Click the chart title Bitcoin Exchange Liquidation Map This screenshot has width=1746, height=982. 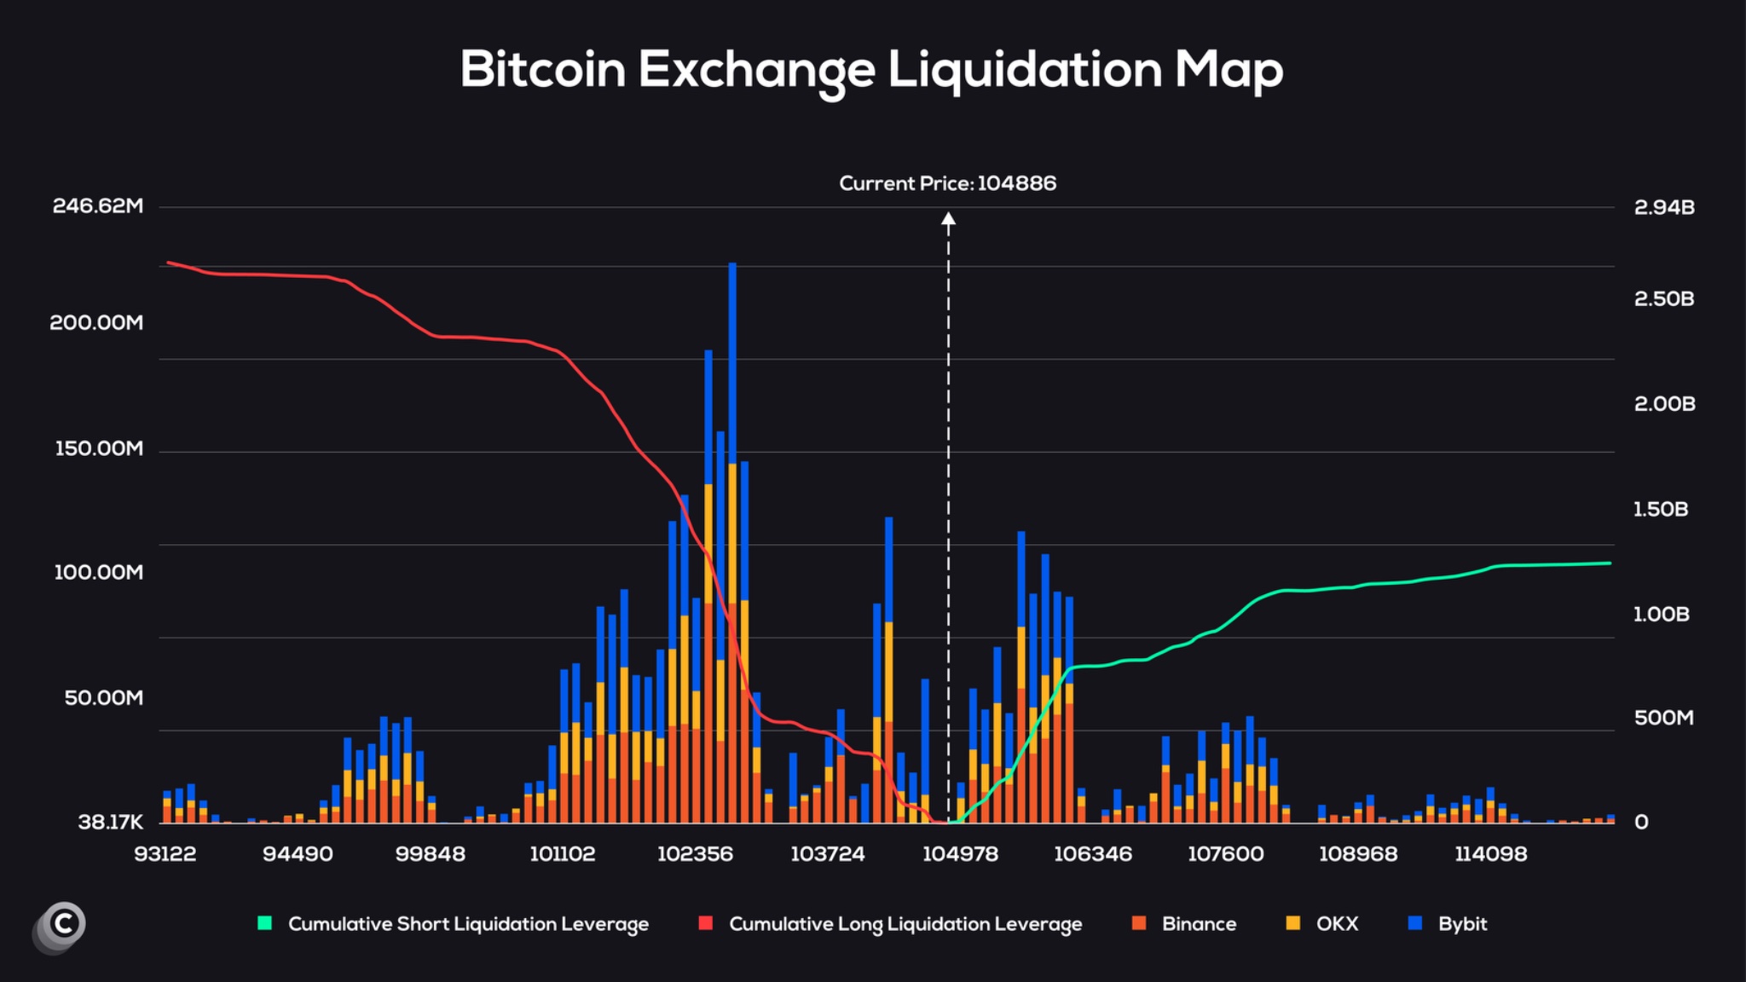[x=871, y=70]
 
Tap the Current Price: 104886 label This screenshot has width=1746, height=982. [x=947, y=183]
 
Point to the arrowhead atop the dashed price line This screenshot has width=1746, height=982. [x=948, y=219]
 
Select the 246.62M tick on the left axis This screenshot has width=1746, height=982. [x=98, y=206]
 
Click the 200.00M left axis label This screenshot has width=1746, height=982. [x=96, y=323]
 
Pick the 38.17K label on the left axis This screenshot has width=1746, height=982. [x=110, y=823]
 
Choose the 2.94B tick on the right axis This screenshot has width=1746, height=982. [x=1663, y=207]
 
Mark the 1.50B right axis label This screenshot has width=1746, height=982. [x=1660, y=510]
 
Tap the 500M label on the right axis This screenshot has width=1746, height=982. [x=1663, y=719]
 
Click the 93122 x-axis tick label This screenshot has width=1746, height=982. [x=165, y=854]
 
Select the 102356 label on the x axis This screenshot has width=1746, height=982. [x=695, y=854]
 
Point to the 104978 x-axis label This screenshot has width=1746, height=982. [x=960, y=854]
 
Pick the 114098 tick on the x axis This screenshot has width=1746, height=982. [x=1490, y=854]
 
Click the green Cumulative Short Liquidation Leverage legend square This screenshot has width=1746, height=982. [x=265, y=923]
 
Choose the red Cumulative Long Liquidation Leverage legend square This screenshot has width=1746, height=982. [x=705, y=923]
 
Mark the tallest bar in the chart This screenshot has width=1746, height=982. [x=732, y=546]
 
